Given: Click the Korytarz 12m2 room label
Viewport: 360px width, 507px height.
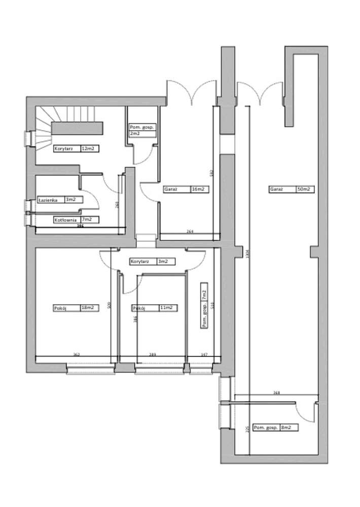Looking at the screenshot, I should click(76, 149).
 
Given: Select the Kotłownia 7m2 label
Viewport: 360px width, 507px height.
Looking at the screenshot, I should click(76, 220).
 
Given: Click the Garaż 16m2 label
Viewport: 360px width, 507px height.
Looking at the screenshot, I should click(185, 190).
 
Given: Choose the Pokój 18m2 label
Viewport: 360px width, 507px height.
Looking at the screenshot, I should click(76, 307).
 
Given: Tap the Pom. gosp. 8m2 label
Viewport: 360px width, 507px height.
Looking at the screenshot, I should click(275, 427).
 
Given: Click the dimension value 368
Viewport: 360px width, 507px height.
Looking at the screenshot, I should click(276, 392).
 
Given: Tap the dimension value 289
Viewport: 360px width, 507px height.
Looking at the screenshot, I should click(153, 355).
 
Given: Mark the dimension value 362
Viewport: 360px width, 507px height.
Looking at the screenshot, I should click(77, 355).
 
